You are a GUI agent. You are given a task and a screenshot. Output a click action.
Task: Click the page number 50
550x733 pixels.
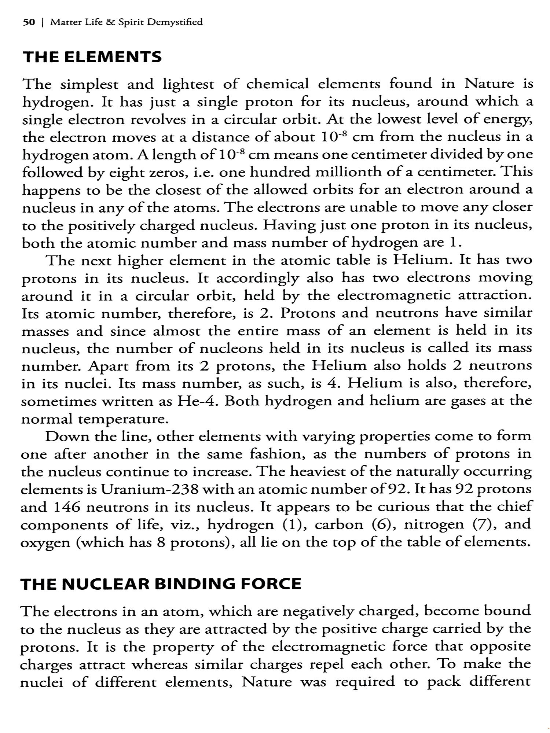(29, 22)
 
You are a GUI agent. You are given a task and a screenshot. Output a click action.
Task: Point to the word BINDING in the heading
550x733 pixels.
(195, 584)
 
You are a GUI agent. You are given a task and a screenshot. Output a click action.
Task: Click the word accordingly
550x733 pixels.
(257, 278)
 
